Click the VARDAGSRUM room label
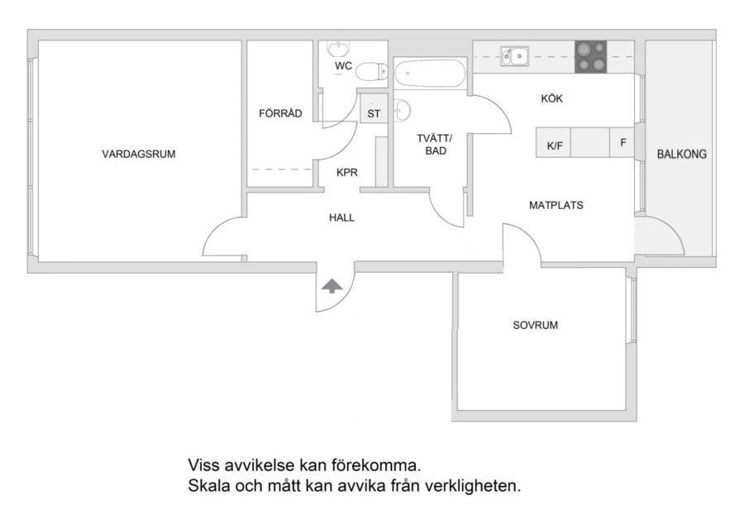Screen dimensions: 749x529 point(139,154)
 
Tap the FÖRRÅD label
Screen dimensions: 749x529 point(280,113)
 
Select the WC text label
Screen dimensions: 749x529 point(343,65)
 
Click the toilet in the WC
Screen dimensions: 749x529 point(372,72)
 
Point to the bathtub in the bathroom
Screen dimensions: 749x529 point(429,73)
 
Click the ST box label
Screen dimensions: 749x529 point(374,113)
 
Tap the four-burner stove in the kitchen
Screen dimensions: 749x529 point(590,57)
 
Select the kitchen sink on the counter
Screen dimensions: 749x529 point(514,56)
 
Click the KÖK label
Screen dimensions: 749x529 point(551,99)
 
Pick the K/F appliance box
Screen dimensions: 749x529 point(554,142)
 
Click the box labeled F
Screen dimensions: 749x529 point(622,142)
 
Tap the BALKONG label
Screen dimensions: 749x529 point(682,154)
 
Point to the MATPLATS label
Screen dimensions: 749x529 point(556,205)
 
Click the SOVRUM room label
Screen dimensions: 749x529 point(536,325)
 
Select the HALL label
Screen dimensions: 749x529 point(341,217)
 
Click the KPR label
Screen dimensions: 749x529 point(346,173)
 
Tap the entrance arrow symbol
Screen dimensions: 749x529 point(332,286)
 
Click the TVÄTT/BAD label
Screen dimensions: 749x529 point(435,145)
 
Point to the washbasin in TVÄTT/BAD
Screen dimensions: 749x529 point(403,110)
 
